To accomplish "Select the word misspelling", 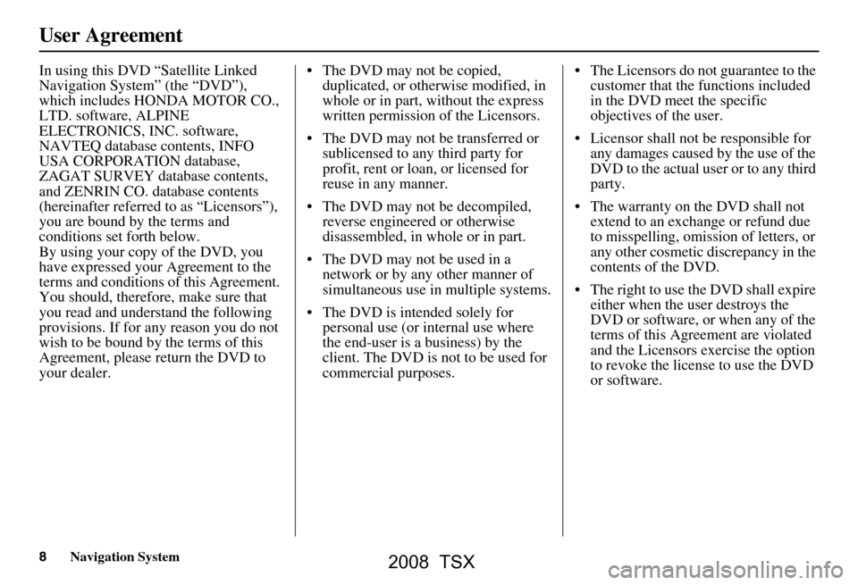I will [639, 236].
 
